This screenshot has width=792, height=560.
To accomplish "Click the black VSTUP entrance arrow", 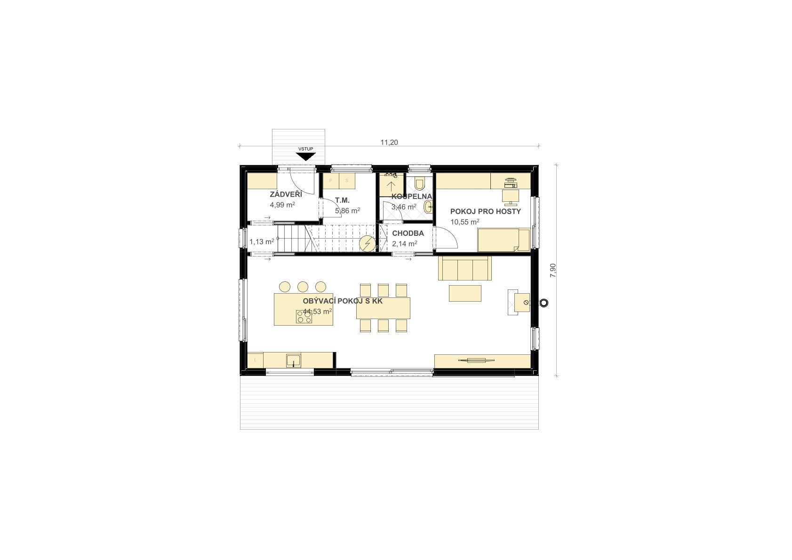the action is point(305,157).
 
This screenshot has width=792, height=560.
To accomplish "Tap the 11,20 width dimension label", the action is point(389,143).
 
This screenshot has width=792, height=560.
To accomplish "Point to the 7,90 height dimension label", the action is point(553,271).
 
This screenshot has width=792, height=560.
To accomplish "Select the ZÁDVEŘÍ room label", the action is point(286,194).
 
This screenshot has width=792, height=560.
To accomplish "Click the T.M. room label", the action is point(342,200).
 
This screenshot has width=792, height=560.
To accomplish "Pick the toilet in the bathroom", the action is point(420,184).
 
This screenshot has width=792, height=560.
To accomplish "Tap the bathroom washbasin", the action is point(429,207).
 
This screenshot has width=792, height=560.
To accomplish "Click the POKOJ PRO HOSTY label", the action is point(486,211).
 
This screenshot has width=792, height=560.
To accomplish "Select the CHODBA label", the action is point(408,233).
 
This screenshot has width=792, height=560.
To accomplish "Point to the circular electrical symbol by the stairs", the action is point(368,244).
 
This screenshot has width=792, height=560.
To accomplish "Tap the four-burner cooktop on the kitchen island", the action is point(304,316).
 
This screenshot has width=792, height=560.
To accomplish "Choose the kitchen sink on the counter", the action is point(294,360).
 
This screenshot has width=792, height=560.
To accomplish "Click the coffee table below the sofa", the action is point(465,294).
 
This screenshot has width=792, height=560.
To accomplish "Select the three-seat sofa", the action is point(464,268).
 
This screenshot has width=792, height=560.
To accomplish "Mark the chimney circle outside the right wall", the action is point(544,303).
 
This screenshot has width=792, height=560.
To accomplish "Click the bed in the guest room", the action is point(504,240).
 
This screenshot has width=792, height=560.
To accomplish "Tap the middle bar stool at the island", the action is point(303,287).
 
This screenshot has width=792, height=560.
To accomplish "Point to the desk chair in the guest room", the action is point(510,197).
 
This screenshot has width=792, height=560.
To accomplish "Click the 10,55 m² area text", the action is point(464,222).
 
